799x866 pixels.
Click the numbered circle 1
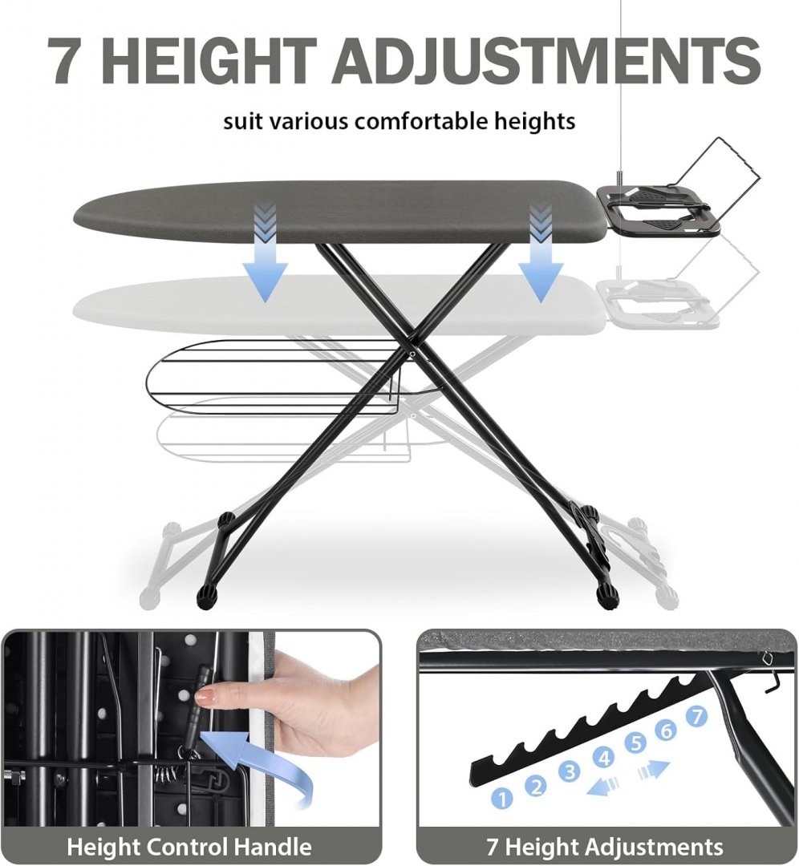501,798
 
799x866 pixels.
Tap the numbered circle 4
603,757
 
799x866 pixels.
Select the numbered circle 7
697,716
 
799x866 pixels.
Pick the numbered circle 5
635,743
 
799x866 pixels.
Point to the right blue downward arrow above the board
541,252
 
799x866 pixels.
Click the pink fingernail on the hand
207,698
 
